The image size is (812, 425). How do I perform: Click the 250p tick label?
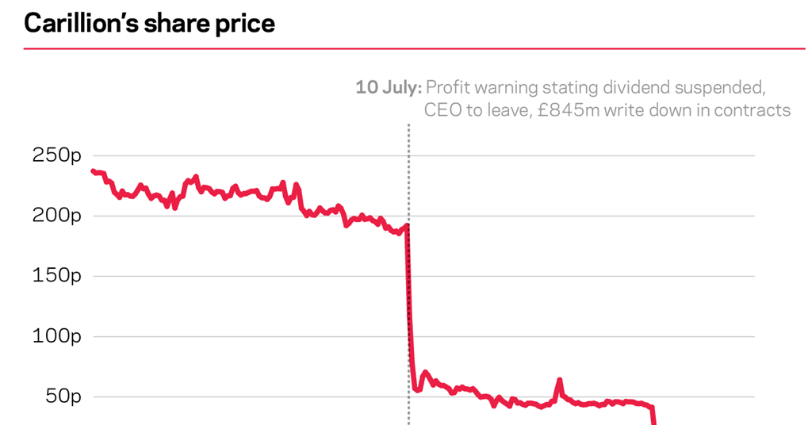pos(56,156)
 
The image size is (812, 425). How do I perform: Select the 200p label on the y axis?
pos(56,216)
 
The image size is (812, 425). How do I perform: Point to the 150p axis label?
pos(56,277)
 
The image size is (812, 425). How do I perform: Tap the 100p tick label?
pos(56,337)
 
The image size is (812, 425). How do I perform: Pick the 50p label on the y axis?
pos(62,397)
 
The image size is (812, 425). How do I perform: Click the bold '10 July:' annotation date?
pos(388,87)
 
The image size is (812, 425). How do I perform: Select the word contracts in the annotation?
pos(752,110)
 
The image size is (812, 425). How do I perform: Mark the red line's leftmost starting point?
pos(93,171)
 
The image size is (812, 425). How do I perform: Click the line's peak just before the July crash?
pos(407,226)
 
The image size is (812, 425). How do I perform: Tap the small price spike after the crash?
pos(560,381)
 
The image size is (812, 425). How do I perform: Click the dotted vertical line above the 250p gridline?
pos(409,139)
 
